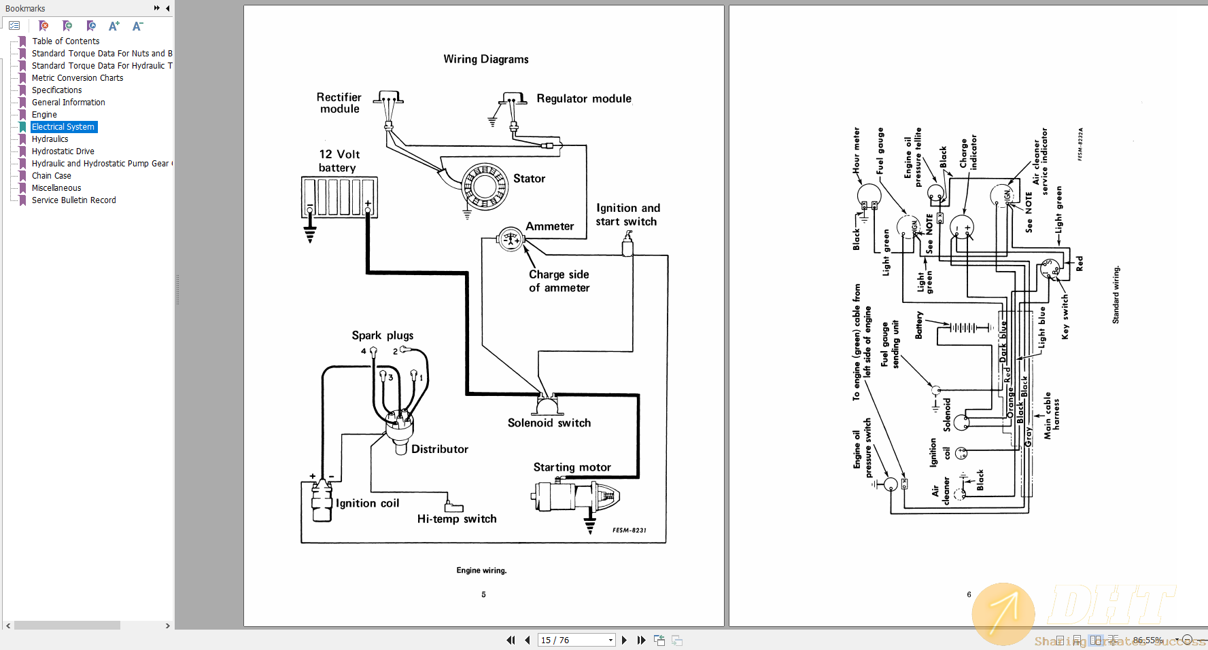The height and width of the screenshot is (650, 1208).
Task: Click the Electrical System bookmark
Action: click(x=63, y=127)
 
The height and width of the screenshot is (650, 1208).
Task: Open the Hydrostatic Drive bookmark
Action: click(x=63, y=151)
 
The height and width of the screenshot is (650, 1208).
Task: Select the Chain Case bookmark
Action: click(x=51, y=176)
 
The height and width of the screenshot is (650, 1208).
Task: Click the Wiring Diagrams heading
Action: click(x=485, y=59)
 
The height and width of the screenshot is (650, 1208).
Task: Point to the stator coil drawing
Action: click(x=485, y=186)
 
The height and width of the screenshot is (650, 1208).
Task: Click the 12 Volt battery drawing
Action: click(x=339, y=197)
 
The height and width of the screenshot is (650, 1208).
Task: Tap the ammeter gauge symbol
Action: click(x=510, y=239)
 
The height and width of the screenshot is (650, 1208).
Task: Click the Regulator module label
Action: click(x=584, y=98)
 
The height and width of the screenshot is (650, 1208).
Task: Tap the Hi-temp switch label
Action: click(x=457, y=519)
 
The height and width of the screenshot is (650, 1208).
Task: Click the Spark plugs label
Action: click(x=382, y=336)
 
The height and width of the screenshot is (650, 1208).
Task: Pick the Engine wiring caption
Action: click(x=481, y=571)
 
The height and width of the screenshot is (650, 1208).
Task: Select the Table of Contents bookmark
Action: click(x=65, y=41)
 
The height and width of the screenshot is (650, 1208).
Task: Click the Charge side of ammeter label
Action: click(x=559, y=281)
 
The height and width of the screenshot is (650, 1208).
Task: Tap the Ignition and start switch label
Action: click(x=627, y=215)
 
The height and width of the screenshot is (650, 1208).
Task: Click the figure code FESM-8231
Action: click(x=629, y=530)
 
